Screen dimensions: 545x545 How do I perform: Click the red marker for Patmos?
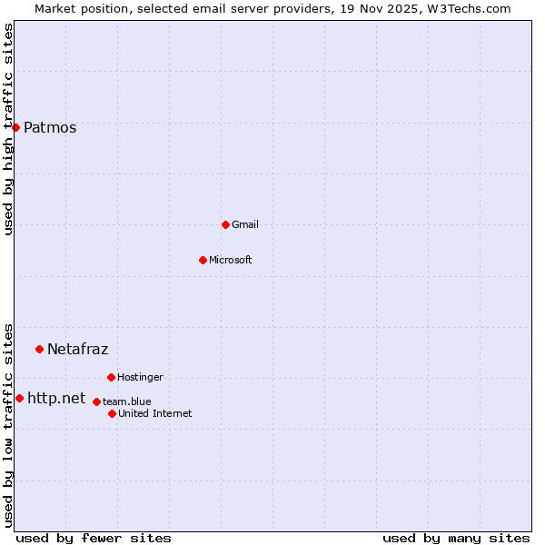point(15,127)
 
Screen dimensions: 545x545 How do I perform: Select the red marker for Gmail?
point(225,224)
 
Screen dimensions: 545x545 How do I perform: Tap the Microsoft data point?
point(203,260)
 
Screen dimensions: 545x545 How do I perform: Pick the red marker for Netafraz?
point(39,349)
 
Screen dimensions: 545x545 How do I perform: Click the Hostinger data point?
point(111,377)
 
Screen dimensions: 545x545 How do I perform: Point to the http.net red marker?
point(19,398)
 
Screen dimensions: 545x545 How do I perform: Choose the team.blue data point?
point(96,401)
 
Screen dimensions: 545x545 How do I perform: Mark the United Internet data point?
point(112,413)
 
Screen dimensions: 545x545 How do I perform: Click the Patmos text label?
point(50,127)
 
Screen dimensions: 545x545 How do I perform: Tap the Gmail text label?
point(245,224)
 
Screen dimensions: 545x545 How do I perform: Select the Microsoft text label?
point(231,260)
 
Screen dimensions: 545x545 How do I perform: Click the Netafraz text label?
point(77,349)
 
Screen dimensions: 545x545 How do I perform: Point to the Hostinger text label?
point(140,377)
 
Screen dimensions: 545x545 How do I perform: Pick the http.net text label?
point(56,398)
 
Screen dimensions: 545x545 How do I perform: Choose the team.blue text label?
point(127,401)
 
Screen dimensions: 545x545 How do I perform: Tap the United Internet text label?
point(155,413)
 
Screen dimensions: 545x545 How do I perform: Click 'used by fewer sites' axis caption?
point(94,538)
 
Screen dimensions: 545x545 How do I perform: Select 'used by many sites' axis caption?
point(456,538)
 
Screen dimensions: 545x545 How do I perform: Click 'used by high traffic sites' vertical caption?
point(9,129)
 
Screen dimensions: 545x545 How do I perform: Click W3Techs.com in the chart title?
point(468,8)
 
